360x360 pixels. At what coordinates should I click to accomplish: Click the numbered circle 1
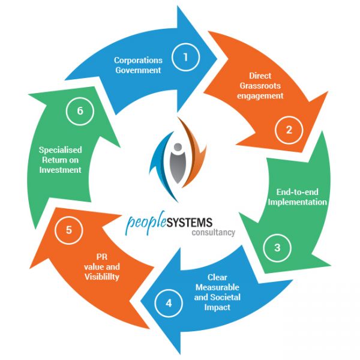[x=186, y=57]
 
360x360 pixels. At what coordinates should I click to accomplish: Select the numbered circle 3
[x=277, y=247]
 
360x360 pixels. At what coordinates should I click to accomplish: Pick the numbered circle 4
[x=169, y=303]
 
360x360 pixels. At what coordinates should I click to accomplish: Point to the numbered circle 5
[x=69, y=229]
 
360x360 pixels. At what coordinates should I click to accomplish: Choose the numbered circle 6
[x=79, y=112]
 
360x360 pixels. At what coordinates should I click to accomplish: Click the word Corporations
[x=139, y=61]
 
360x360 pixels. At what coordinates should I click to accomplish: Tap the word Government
[x=139, y=70]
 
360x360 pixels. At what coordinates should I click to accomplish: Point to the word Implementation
[x=298, y=202]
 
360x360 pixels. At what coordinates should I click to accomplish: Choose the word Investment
[x=60, y=170]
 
